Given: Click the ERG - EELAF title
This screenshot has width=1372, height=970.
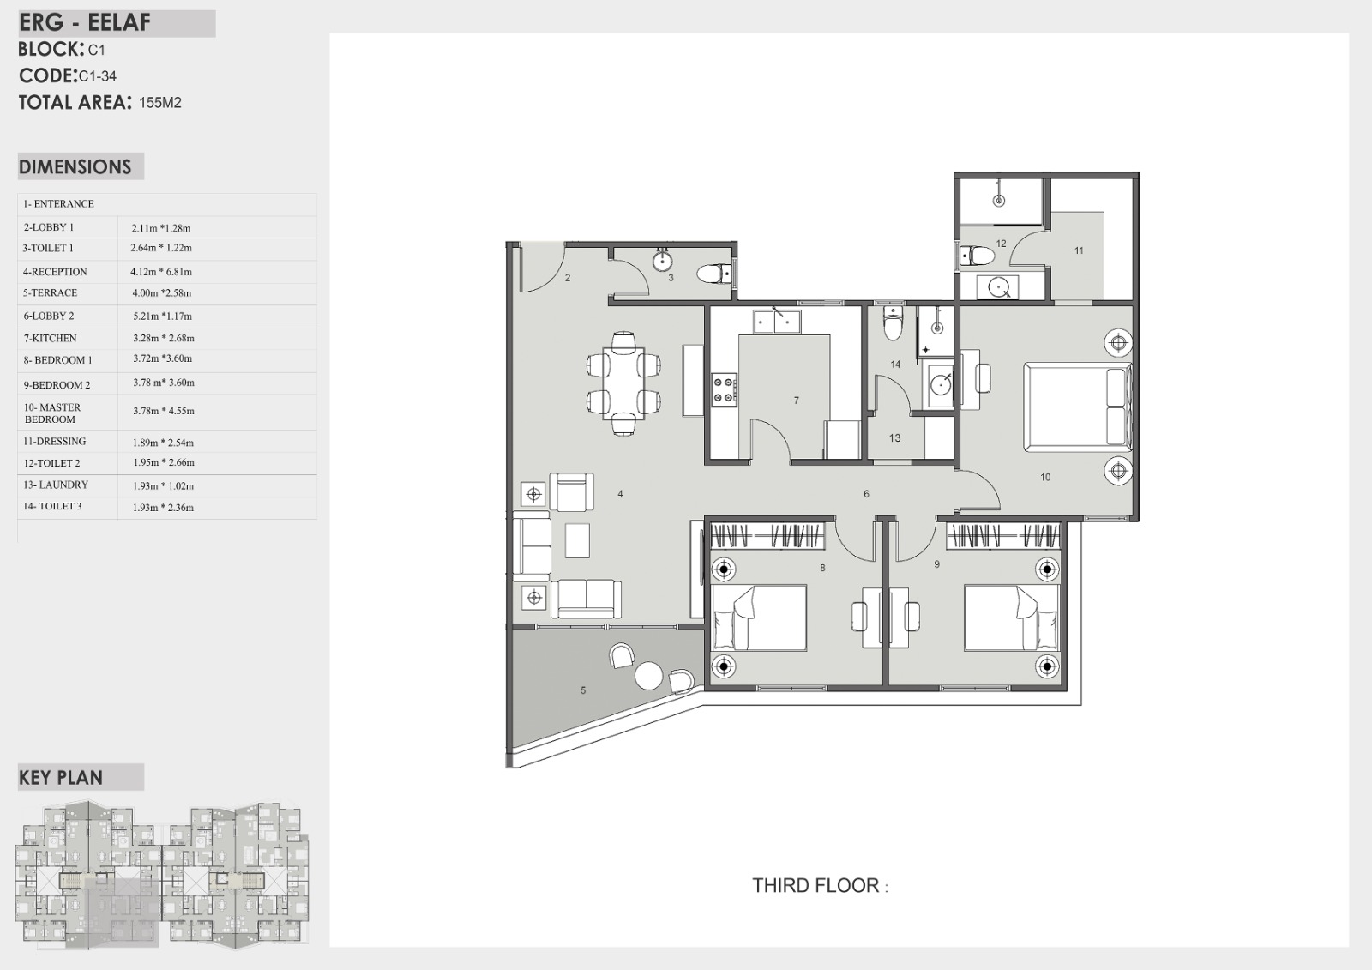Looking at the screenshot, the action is point(85,22).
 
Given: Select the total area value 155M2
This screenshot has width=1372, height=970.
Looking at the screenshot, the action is point(160,102).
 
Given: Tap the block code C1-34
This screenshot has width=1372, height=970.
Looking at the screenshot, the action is point(98,76).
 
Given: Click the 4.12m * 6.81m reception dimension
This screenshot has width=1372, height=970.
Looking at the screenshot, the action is point(161,272).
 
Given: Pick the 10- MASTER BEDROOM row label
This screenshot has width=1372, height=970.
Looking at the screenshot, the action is point(52,413).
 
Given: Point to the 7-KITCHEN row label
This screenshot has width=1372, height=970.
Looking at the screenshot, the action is point(51,338).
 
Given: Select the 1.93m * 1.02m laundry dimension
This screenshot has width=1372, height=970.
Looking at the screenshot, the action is point(164,486).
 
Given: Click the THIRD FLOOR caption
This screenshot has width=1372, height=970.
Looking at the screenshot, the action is point(820,885).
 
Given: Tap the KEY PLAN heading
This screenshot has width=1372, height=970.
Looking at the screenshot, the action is point(61,778).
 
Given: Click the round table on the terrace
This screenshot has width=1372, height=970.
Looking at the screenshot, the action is point(648,676).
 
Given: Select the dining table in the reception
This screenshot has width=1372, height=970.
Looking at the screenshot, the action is point(623,383).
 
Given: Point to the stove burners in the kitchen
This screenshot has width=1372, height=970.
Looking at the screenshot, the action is point(724,389).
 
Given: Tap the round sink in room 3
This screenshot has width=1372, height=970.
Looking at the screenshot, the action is point(662,262).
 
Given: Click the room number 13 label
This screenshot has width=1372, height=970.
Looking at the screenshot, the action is point(895,438).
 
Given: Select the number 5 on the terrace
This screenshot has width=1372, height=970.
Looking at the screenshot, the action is point(583,690).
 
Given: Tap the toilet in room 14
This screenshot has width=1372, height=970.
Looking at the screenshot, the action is point(893,324).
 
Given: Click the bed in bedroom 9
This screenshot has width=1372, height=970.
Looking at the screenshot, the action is point(1012,617).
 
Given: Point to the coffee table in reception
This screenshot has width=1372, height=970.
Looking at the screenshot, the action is point(577,540).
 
